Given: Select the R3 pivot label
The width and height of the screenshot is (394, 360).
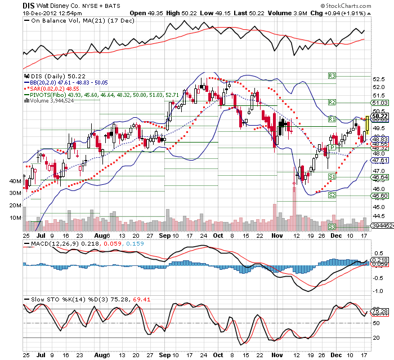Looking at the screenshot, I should tap(332, 75).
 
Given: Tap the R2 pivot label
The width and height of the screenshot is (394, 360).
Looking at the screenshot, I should tap(332, 103).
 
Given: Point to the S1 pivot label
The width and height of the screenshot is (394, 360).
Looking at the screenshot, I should tap(332, 177).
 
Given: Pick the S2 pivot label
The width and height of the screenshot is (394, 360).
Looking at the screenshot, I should tap(332, 195).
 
